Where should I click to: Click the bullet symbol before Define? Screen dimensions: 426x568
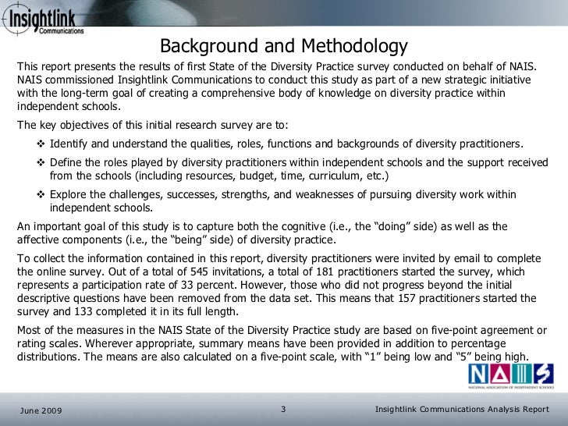point(40,163)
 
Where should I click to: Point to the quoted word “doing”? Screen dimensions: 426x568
point(394,227)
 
